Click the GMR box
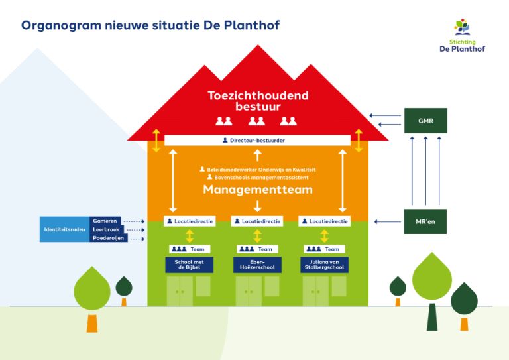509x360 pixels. [x=425, y=121]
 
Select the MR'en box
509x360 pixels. [x=425, y=221]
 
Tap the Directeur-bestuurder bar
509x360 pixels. [x=257, y=141]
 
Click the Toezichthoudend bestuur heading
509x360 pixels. [x=258, y=101]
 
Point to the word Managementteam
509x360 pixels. [x=258, y=190]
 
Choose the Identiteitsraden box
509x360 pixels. [x=65, y=229]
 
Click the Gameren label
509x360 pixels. [x=105, y=221]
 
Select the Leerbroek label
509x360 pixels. [x=106, y=229]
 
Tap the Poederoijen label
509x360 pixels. [x=108, y=238]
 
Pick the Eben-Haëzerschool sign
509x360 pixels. [x=257, y=265]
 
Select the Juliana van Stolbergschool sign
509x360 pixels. [x=324, y=265]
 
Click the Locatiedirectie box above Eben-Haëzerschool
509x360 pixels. [x=257, y=221]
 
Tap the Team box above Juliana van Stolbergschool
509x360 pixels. [x=324, y=249]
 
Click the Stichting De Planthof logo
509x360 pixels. [x=462, y=36]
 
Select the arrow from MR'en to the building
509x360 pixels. [x=387, y=221]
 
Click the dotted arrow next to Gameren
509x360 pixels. [x=135, y=221]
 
